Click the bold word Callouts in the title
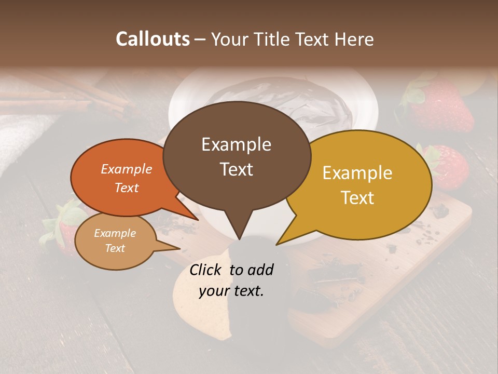(153, 39)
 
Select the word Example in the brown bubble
(236, 144)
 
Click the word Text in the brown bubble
(236, 169)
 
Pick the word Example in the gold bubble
(357, 173)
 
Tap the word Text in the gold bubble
(357, 198)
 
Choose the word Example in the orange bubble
(127, 169)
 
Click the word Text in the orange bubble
(127, 188)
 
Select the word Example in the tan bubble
(115, 233)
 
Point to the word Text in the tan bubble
(115, 248)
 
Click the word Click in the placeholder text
(207, 270)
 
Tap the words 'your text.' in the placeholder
(231, 291)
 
